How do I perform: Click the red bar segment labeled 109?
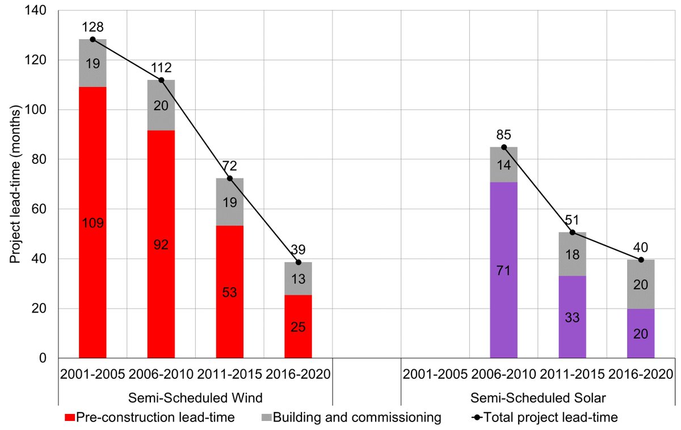(x=93, y=222)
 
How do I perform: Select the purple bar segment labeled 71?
(x=503, y=270)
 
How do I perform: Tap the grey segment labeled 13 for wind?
(x=298, y=279)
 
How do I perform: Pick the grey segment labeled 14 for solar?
(x=503, y=165)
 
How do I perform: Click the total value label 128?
(x=93, y=27)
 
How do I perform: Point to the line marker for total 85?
(x=503, y=147)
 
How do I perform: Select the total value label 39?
(x=298, y=250)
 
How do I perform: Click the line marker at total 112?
(x=161, y=80)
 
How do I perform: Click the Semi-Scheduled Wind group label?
(x=195, y=397)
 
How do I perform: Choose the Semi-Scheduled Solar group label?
(x=538, y=397)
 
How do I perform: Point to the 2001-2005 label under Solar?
(x=435, y=374)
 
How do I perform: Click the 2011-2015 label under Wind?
(x=229, y=374)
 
